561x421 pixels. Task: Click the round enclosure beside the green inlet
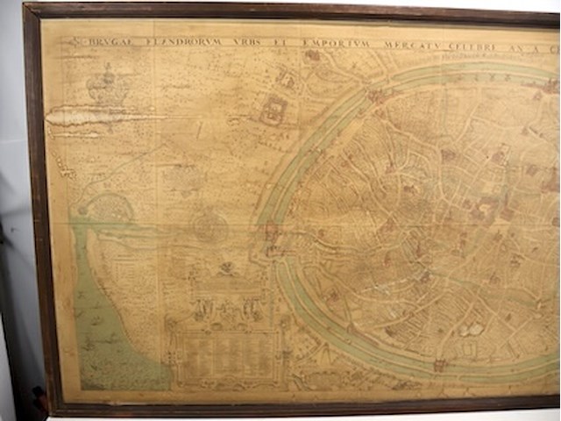110,210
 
